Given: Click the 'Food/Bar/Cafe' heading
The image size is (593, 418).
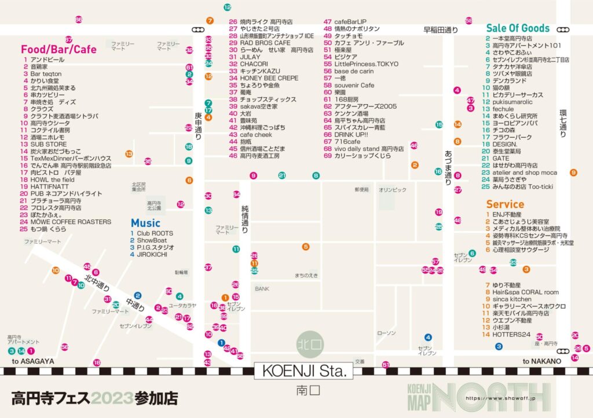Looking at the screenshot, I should click(x=58, y=49).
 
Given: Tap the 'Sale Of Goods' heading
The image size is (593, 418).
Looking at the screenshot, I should click(x=517, y=28).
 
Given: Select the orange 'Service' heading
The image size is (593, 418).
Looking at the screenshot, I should click(x=505, y=204).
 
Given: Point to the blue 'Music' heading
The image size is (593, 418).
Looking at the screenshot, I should click(x=145, y=223).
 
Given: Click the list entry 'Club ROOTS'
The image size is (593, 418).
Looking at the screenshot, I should click(x=155, y=233).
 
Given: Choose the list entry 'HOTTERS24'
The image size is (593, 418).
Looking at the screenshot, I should click(x=511, y=335).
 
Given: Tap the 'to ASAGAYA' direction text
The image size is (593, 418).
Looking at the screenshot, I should click(x=33, y=361).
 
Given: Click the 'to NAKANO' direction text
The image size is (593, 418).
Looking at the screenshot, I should click(x=541, y=361).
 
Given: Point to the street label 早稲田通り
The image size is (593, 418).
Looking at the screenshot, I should click(x=441, y=30).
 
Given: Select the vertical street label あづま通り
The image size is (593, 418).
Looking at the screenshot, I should click(x=448, y=166).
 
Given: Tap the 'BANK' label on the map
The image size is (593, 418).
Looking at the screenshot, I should click(x=262, y=288).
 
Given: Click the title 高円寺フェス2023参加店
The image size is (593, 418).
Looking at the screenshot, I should click(x=94, y=398).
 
